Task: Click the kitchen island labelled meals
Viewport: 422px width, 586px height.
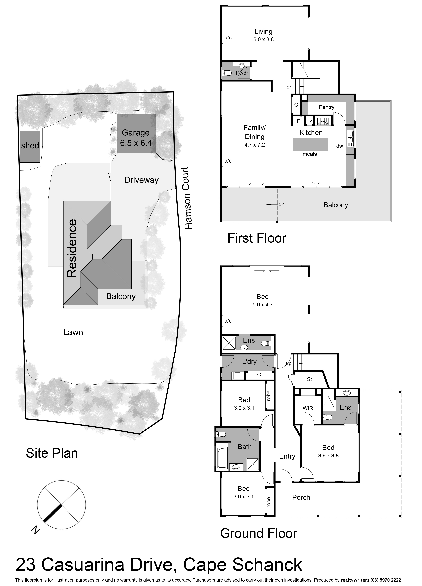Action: (310, 144)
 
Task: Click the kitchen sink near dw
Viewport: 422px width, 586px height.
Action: (350, 138)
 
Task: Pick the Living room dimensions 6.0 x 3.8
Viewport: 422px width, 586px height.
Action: (263, 40)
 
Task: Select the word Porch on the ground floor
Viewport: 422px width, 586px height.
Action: (301, 497)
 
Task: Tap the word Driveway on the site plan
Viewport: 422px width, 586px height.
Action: (142, 180)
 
